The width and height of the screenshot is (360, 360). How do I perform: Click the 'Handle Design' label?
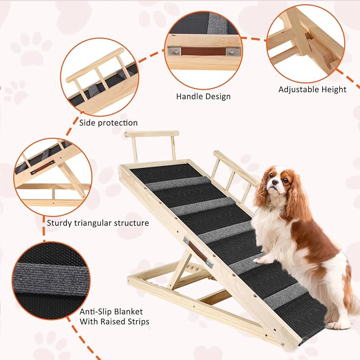[x=203, y=96]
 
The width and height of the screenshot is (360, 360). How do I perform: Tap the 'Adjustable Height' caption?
[x=312, y=90]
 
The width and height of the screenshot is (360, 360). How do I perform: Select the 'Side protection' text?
[x=109, y=123]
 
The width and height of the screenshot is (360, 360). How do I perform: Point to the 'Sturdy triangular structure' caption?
[x=98, y=223]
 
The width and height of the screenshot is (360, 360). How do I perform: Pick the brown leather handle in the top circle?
[x=204, y=51]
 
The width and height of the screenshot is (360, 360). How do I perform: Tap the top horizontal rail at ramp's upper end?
[x=152, y=134]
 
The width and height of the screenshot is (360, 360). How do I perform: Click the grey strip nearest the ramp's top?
[x=171, y=183]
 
